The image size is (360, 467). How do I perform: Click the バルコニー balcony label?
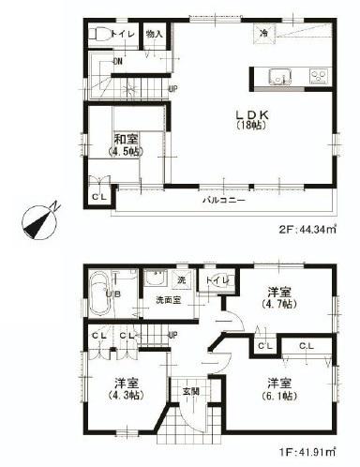pyautogui.click(x=221, y=201)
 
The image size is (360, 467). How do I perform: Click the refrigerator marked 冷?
pyautogui.click(x=265, y=34)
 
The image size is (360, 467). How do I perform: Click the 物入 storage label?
pyautogui.click(x=156, y=35)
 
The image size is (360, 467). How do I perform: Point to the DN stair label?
pyautogui.click(x=116, y=62)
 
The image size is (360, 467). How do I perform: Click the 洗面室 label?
pyautogui.click(x=168, y=300)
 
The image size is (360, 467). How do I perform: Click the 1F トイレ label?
pyautogui.click(x=213, y=280)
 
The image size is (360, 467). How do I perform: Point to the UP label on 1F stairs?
pyautogui.click(x=172, y=335)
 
